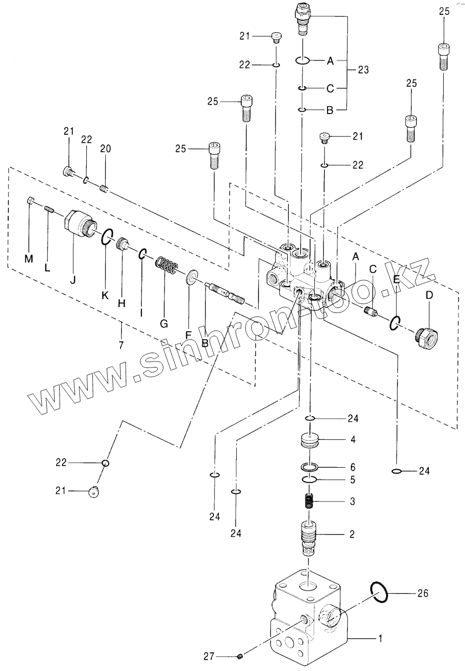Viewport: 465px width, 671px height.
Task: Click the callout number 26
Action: point(422,593)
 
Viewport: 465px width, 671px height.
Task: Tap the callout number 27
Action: point(209,656)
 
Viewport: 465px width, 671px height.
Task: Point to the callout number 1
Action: point(381,640)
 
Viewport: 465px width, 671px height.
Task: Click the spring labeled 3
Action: point(309,502)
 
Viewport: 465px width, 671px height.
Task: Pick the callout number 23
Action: point(363,70)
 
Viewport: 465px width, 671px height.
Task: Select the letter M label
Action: point(29,259)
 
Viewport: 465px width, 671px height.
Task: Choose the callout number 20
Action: point(105,149)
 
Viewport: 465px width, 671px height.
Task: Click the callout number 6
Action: point(353,467)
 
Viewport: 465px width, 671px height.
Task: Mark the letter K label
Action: point(105,296)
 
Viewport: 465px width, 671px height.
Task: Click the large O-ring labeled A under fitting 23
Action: point(303,61)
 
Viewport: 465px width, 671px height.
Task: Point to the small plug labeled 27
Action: point(240,657)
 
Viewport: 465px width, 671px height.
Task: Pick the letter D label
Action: point(429,296)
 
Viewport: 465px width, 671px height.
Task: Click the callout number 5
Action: point(353,480)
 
